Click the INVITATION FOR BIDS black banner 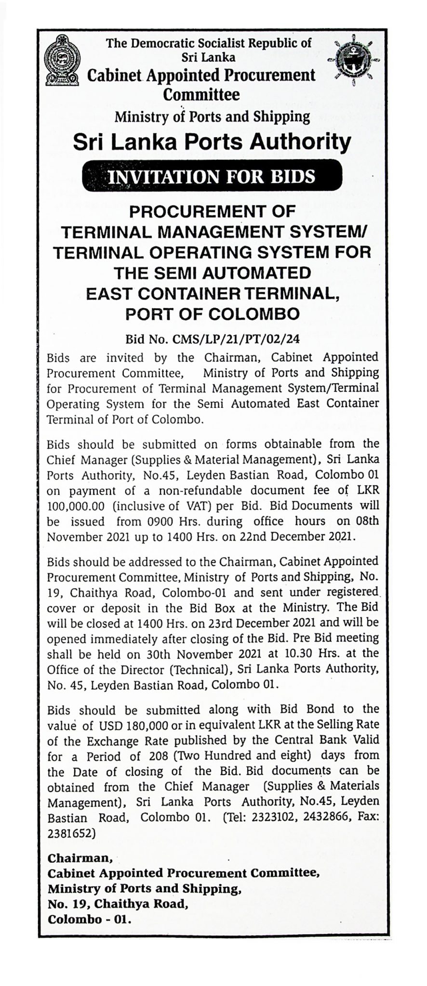(212, 176)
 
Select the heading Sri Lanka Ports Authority (212, 143)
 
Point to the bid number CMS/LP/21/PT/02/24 (213, 339)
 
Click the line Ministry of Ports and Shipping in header (212, 116)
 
